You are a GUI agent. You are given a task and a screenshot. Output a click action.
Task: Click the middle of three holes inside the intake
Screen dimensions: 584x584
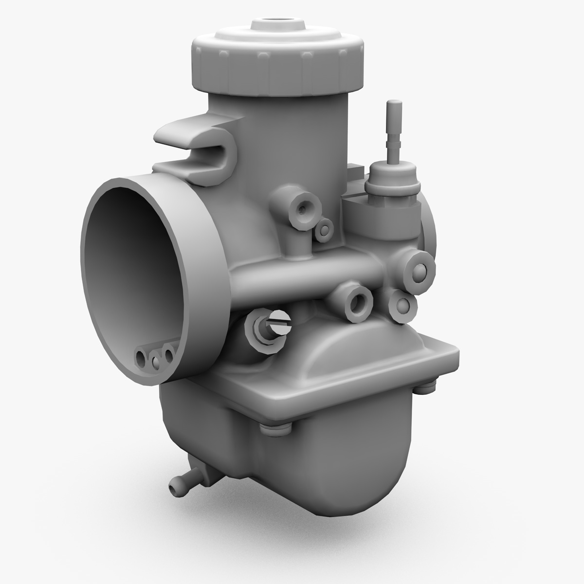pos(157,361)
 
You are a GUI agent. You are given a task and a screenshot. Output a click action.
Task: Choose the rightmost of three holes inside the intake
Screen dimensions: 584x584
pos(169,355)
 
